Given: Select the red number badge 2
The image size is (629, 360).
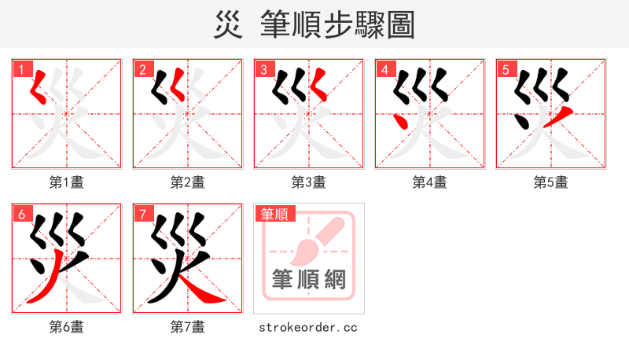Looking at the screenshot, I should tap(142, 68).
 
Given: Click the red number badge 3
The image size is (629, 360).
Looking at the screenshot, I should tap(263, 68).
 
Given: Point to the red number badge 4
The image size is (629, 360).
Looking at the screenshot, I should tap(384, 68).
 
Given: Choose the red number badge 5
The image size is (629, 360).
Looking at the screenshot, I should tap(506, 68).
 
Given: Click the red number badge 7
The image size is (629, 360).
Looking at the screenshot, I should tap(142, 213).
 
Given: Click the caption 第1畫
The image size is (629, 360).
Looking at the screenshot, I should tap(67, 182).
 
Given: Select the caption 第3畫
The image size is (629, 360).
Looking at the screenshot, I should tap(309, 182).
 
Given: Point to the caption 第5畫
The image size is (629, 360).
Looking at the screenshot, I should tap(551, 182).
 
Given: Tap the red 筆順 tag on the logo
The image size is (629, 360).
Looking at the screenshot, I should tap(274, 213).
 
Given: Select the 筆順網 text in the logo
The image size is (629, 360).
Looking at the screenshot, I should tap(308, 279).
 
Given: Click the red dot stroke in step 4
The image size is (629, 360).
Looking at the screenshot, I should tap(400, 122).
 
